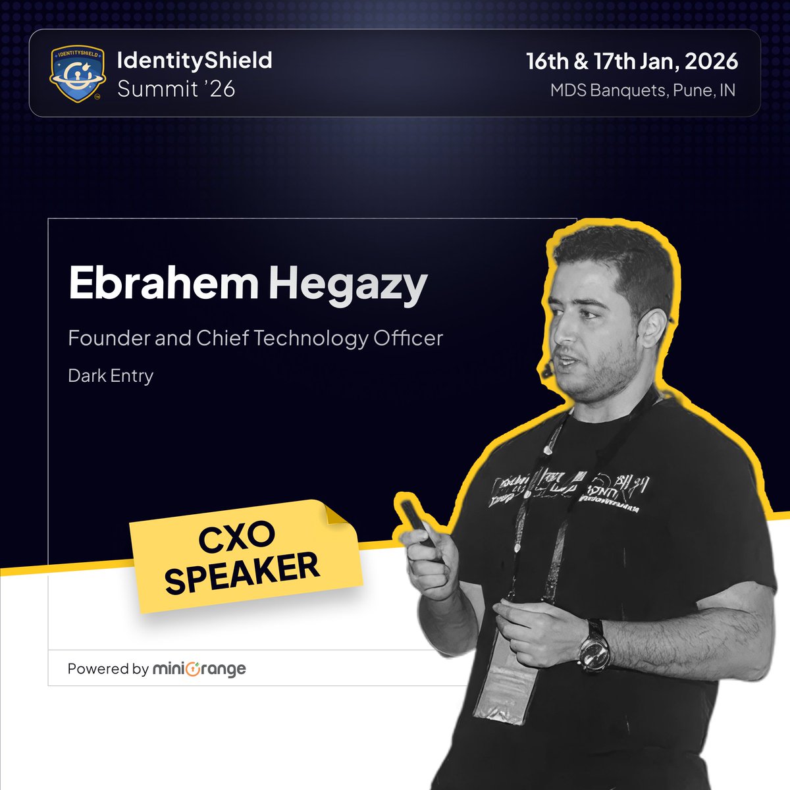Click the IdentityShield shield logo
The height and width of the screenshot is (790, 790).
76,74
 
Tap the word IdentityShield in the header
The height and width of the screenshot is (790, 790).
194,61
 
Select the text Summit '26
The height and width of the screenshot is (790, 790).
176,88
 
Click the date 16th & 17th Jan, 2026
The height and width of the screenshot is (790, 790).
632,61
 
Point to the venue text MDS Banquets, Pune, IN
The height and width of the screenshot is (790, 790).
643,90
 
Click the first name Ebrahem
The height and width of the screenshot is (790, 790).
163,283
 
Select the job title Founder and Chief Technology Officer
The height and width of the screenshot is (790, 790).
255,338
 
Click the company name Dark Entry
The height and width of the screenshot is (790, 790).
111,376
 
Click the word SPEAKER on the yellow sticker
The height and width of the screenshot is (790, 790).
242,573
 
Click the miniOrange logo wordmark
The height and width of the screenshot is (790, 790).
199,669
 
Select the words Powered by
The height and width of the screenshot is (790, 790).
108,669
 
